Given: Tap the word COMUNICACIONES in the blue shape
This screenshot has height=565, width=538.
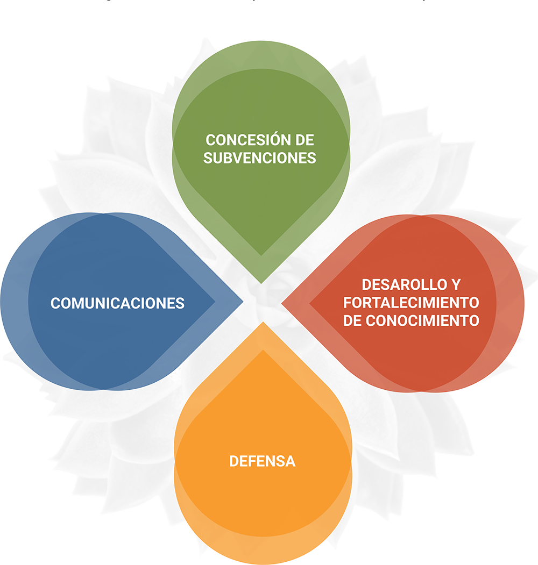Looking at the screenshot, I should (117, 303).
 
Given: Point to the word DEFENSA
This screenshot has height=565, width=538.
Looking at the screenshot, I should (262, 461).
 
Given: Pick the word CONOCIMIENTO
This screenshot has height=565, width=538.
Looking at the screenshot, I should (422, 320).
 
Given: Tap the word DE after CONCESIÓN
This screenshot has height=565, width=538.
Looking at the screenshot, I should (303, 140).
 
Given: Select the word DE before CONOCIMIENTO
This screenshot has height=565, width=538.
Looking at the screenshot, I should (353, 320).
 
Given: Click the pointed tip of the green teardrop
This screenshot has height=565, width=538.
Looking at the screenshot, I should (261, 282).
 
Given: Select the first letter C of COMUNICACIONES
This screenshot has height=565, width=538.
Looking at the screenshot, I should (55, 303).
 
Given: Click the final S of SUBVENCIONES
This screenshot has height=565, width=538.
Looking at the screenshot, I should (312, 158).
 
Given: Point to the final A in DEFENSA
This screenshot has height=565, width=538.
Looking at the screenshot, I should (291, 461).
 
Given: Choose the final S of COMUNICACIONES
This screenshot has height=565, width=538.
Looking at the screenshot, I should (180, 303).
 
